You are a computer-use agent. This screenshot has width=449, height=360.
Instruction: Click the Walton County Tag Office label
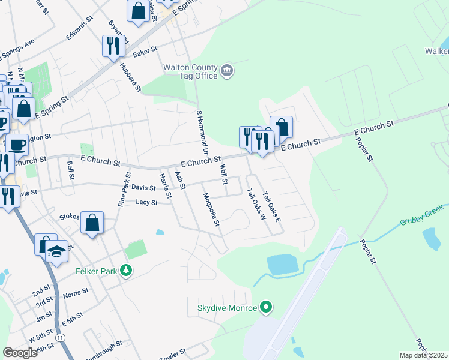[x=190, y=71]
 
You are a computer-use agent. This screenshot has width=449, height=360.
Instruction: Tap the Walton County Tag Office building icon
[x=228, y=71]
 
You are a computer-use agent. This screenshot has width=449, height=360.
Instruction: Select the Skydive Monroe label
[x=227, y=309]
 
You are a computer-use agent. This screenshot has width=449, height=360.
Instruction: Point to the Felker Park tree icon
[x=126, y=271]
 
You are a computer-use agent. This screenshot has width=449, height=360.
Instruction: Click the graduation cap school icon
[x=56, y=251]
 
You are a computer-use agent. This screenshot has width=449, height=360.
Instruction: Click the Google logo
[x=20, y=353]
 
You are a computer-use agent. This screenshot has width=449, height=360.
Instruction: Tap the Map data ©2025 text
[x=424, y=355]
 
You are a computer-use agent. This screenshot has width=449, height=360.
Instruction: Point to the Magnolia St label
[x=212, y=209]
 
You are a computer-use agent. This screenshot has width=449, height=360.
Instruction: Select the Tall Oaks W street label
[x=256, y=203]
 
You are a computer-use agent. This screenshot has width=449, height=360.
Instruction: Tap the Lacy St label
[x=146, y=203]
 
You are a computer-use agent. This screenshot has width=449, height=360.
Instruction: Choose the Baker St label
[x=145, y=51]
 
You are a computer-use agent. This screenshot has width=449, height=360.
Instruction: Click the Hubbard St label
[x=130, y=77]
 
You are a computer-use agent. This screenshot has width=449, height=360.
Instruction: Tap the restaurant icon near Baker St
[x=113, y=45]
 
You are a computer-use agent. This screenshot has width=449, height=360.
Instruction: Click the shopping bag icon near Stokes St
[x=92, y=224]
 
